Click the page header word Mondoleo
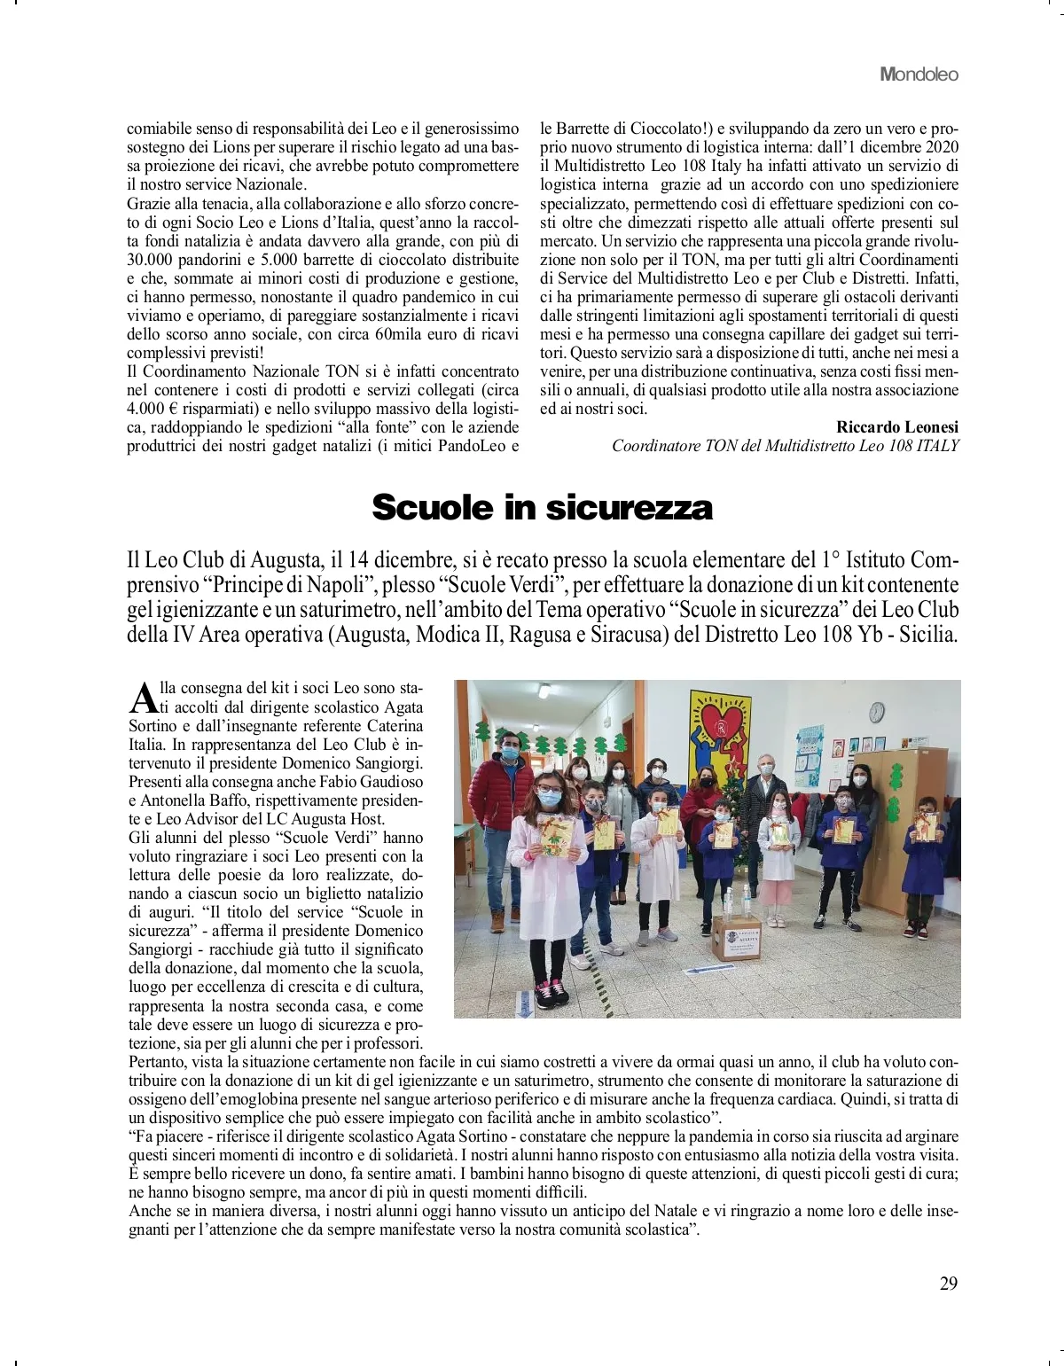click(919, 74)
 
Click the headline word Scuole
click(432, 508)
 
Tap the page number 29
click(948, 1284)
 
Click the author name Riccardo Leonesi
click(896, 426)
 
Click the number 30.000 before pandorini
click(154, 259)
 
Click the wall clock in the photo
click(876, 711)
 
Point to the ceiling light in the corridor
click(544, 690)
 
